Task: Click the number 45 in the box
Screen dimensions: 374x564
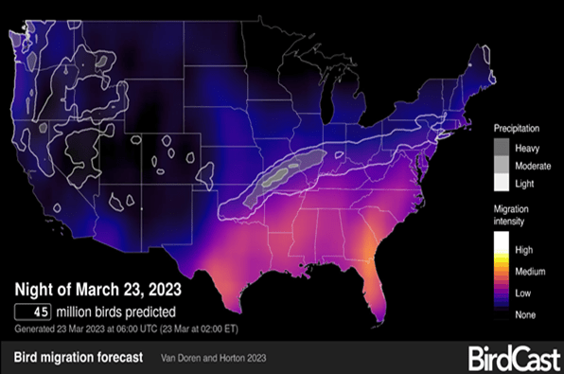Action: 43,312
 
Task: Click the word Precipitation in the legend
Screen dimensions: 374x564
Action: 519,127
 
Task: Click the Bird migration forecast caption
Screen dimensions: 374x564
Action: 79,358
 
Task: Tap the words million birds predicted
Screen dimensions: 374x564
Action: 121,312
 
